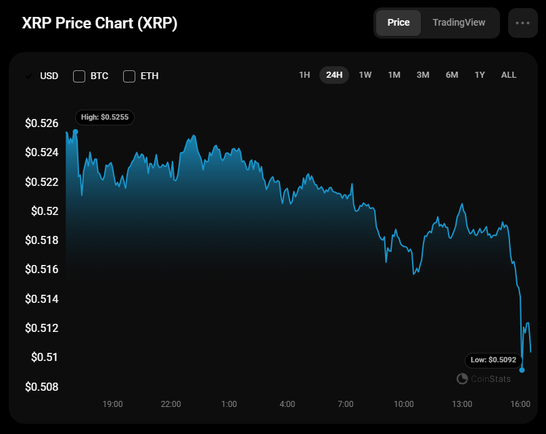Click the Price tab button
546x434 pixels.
398,22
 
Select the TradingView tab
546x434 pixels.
459,22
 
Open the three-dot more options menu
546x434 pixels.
523,22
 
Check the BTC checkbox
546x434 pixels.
79,76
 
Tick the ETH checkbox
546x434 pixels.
129,76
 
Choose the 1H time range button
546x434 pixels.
304,74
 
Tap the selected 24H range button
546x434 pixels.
334,74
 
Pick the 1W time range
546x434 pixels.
365,74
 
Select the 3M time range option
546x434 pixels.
423,74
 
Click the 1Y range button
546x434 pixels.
480,74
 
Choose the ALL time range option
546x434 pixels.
509,74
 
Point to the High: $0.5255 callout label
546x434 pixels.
105,117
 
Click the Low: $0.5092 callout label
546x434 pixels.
493,360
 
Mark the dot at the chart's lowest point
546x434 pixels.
522,370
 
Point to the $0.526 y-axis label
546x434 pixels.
42,124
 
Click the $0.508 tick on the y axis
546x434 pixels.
42,387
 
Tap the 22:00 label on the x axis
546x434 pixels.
171,404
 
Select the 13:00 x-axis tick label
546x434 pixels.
462,404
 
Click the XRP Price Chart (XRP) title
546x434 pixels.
100,23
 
